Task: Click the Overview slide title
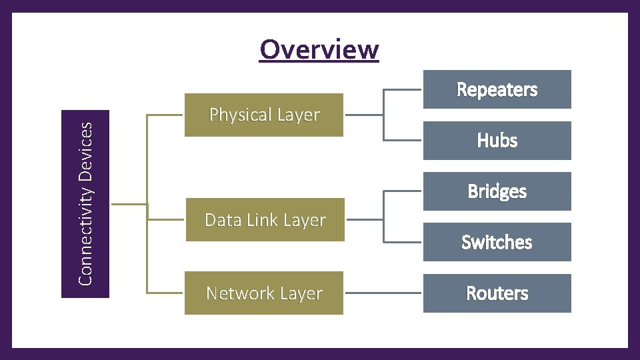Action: [x=319, y=49]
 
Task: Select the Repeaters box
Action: [x=497, y=89]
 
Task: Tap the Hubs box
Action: [x=497, y=141]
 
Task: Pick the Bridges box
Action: [x=497, y=191]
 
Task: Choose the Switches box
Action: [x=497, y=242]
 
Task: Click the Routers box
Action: [x=497, y=293]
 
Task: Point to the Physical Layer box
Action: [x=264, y=115]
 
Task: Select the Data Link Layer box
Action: [x=264, y=220]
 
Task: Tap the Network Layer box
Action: [x=264, y=293]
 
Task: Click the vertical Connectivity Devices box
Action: [x=85, y=204]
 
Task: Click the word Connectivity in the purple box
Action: [x=85, y=231]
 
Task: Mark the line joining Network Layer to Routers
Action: [x=383, y=293]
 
